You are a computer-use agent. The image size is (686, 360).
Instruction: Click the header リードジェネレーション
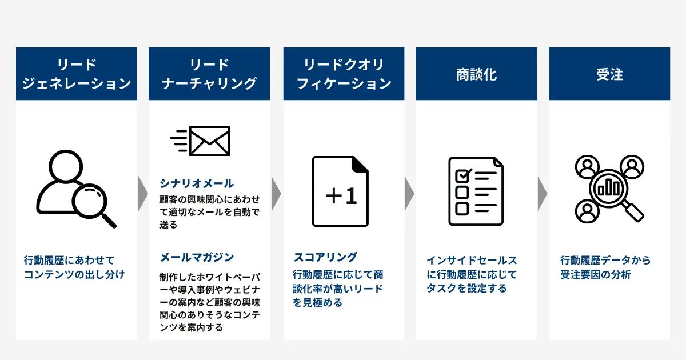[77, 74]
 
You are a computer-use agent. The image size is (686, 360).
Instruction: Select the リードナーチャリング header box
[209, 74]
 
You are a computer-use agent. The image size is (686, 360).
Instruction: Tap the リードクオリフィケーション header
[344, 74]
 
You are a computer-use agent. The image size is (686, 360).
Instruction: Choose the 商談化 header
[476, 74]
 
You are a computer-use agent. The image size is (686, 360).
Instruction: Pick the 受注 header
[609, 74]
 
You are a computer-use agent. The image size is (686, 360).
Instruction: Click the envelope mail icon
[200, 141]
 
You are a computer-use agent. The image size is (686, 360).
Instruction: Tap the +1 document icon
[340, 191]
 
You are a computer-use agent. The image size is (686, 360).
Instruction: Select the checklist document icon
[476, 191]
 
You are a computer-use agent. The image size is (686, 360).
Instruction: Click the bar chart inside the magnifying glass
[609, 187]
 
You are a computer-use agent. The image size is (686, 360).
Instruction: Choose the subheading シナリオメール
[197, 183]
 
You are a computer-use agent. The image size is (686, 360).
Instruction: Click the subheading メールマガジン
[197, 257]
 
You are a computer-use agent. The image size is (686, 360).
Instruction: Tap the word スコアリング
[325, 257]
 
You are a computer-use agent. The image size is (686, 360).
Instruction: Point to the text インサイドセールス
[472, 260]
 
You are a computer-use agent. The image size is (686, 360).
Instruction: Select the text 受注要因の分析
[596, 275]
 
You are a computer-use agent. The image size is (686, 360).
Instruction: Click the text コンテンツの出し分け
[74, 275]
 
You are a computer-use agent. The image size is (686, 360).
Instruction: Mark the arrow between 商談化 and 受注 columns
[543, 194]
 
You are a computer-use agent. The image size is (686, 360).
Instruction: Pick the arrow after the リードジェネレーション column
[143, 194]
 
